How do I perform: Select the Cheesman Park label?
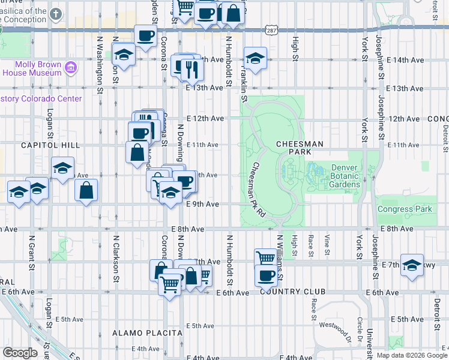coord(300,149)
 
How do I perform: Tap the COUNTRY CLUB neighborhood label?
coord(292,292)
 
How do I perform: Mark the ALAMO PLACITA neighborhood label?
coord(147,332)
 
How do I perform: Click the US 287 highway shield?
coord(271,30)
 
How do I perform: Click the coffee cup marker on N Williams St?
coord(266,277)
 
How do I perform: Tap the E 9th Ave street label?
coord(202,205)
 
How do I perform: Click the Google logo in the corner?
coord(20,353)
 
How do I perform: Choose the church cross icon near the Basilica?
coord(56,13)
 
